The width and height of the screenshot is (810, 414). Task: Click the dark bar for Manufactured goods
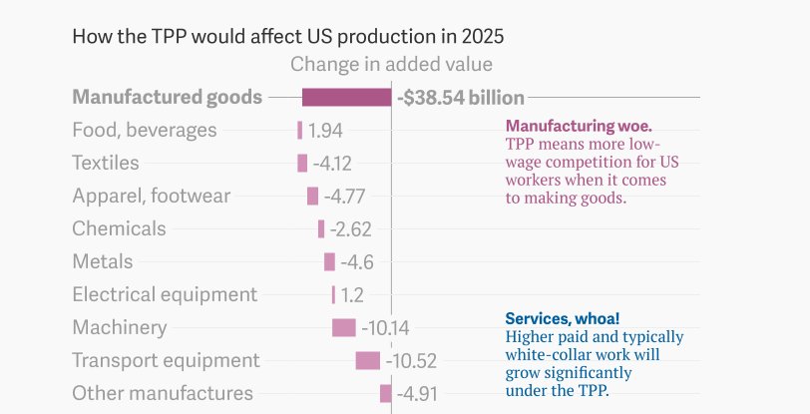(346, 97)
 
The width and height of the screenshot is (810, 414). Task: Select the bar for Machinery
(343, 327)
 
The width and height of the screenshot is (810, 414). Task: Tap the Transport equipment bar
(367, 360)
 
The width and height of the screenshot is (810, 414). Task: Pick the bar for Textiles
(302, 163)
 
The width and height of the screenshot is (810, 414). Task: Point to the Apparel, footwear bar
(312, 196)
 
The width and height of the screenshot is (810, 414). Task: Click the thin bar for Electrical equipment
(333, 294)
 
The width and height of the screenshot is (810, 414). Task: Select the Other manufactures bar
(385, 393)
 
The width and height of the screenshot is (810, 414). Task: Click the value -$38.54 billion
(460, 98)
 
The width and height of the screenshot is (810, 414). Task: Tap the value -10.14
(385, 328)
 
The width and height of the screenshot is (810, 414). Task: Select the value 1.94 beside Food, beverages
(325, 131)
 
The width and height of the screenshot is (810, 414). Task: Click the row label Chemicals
(119, 228)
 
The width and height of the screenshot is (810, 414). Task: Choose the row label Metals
(102, 261)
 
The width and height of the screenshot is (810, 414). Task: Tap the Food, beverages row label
(144, 131)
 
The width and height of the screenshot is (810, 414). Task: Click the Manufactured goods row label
(168, 98)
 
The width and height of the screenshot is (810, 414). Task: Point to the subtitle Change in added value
(391, 65)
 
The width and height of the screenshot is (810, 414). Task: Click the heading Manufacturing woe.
(579, 127)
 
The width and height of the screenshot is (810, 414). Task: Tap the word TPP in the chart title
(174, 37)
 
